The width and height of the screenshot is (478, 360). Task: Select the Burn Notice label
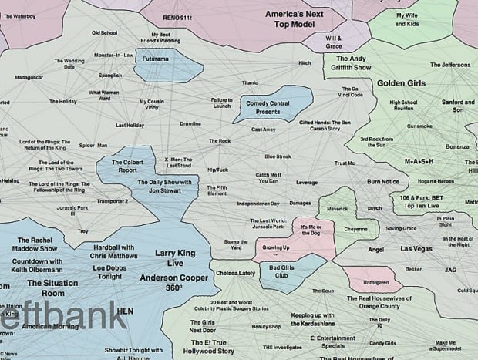pos(383,181)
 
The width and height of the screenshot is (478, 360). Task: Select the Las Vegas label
pos(417,250)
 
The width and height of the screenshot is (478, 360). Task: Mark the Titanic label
pos(249,82)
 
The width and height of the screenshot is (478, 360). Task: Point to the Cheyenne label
pos(355,229)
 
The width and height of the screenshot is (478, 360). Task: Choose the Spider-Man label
pos(93,145)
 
